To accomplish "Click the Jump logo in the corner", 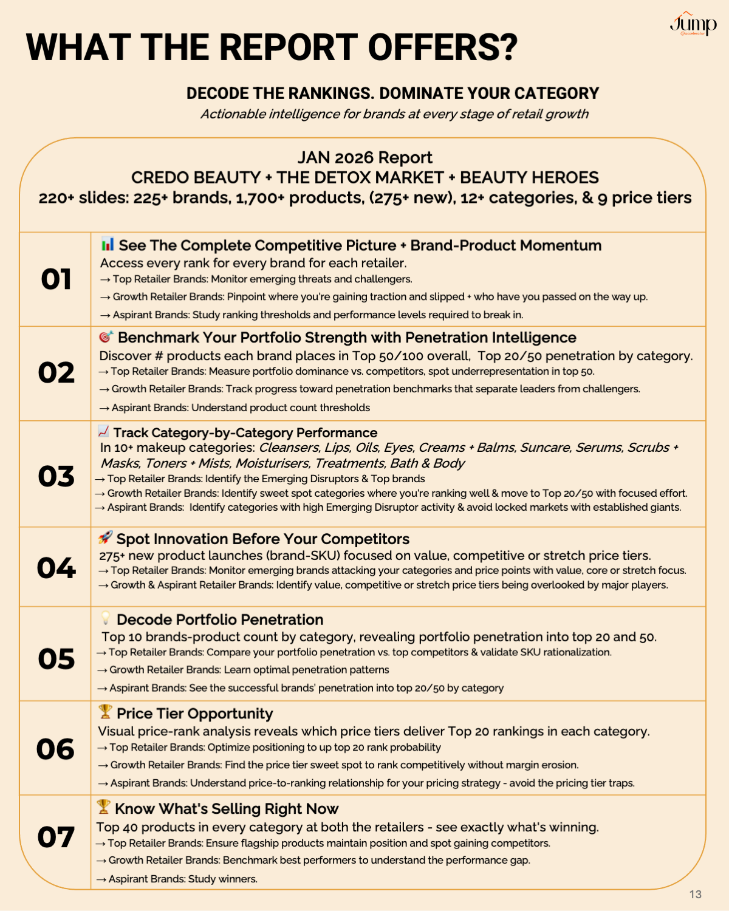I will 693,24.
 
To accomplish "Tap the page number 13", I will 696,894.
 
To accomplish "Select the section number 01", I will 56,279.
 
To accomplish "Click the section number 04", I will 56,568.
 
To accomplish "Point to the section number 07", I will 56,838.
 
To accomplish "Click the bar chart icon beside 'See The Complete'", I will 108,244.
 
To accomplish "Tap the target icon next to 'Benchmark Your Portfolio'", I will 106,336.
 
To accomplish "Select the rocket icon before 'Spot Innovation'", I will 105,537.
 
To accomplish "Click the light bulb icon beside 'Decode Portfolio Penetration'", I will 106,618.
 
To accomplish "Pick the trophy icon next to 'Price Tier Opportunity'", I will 105,712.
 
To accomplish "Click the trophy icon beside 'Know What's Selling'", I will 104,807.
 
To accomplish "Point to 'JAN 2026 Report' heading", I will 364,158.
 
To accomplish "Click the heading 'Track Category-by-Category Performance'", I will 245,432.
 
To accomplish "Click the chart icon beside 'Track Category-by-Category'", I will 103,431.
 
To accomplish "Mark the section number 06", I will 56,749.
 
